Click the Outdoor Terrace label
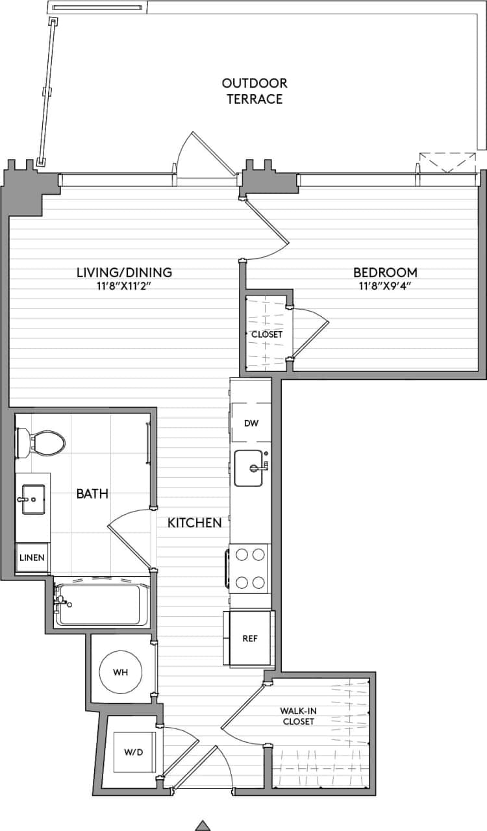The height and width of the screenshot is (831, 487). click(254, 91)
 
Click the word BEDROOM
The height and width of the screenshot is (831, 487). click(384, 273)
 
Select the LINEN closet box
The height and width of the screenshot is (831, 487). click(32, 558)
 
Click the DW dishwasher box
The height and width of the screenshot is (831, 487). click(251, 423)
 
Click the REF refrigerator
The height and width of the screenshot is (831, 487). click(249, 638)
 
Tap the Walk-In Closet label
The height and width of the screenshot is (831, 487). click(297, 716)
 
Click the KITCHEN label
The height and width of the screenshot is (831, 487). click(195, 523)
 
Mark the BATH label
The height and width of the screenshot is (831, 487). click(92, 494)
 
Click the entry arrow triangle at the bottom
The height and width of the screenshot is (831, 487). click(203, 825)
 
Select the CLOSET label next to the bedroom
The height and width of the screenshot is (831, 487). click(267, 334)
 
